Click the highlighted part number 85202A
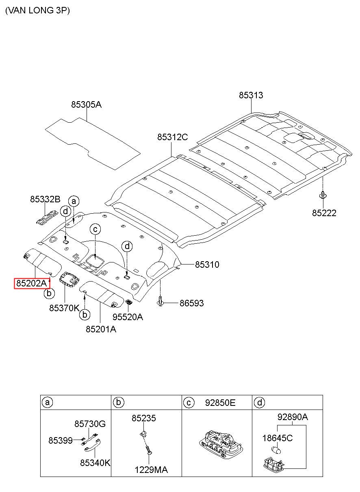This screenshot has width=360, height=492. point(32,283)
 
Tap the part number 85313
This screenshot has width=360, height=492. point(251,95)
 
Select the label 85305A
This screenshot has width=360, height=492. point(86,104)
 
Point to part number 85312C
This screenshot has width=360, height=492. point(172,137)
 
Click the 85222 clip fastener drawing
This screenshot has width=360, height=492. point(322,195)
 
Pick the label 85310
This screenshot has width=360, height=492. point(207,264)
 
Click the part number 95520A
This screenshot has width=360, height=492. point(128,317)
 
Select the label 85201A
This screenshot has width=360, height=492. point(101,329)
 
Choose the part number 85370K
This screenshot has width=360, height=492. point(64,308)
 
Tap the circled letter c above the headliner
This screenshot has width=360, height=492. point(95,229)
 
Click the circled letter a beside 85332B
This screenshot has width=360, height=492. point(74,201)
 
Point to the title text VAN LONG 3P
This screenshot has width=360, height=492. point(37,11)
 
